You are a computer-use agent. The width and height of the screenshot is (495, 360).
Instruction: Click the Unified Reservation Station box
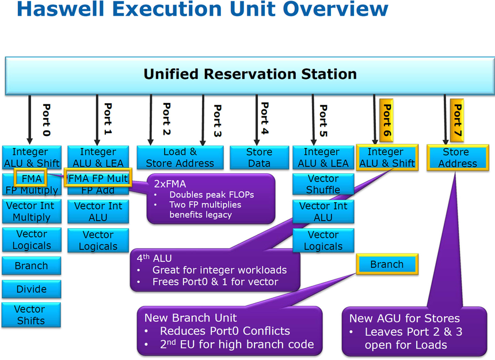coord(250,75)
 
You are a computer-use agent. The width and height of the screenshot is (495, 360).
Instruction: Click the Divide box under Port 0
coord(31,289)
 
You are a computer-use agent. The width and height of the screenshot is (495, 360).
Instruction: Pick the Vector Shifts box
coord(31,315)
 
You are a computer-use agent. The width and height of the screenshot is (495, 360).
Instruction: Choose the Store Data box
coord(259,157)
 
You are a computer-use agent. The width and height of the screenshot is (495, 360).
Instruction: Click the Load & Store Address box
coord(180,157)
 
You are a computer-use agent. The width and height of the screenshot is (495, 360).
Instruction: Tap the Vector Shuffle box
coord(323,184)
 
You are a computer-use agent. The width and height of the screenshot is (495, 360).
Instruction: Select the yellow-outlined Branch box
coord(387,264)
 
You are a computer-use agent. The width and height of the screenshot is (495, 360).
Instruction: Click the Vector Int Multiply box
coord(31,211)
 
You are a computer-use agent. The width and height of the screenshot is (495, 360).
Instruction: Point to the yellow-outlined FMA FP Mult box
coord(98,179)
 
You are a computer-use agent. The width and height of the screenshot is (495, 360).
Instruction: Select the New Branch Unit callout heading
coord(191,317)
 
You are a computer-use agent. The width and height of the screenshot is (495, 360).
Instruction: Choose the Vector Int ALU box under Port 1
coord(98,211)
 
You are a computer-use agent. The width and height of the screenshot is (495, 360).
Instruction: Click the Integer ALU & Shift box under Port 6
coord(387,157)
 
